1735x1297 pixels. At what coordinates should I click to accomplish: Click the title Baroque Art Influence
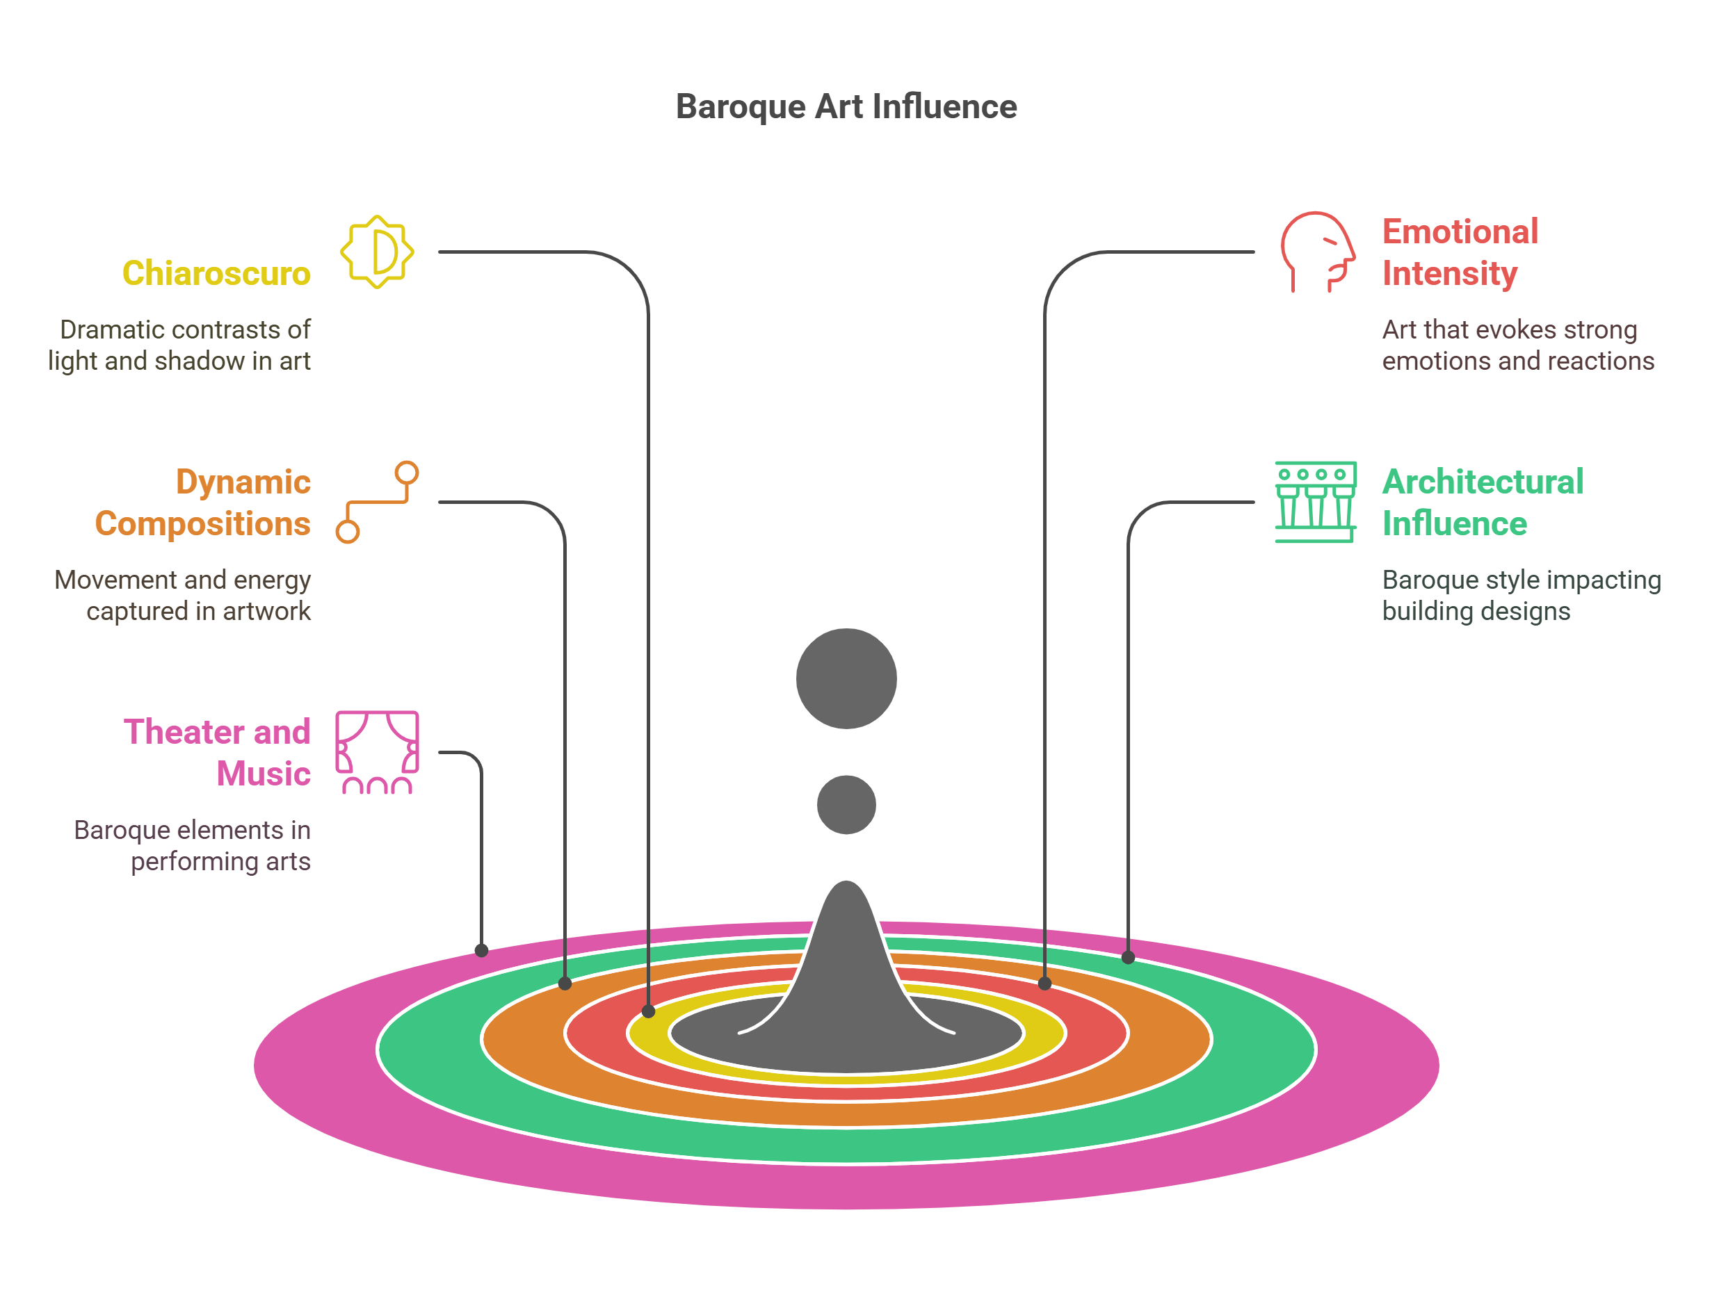tap(846, 106)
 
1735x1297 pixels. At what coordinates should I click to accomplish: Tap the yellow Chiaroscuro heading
tap(216, 274)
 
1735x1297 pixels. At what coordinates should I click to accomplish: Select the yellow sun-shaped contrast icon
tap(378, 252)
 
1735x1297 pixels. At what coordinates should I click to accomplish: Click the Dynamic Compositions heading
tap(203, 503)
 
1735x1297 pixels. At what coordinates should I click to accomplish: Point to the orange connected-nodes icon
tap(378, 502)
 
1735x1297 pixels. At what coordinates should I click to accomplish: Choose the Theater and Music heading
tap(217, 752)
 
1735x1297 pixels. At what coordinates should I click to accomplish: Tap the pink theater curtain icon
tap(378, 752)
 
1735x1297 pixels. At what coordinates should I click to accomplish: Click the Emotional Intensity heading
tap(1460, 252)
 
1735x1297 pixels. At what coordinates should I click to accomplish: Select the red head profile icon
tap(1317, 252)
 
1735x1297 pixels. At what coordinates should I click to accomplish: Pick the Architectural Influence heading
tap(1483, 503)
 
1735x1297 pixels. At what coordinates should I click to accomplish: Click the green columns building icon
tap(1316, 502)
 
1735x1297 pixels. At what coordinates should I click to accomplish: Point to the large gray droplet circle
tap(846, 678)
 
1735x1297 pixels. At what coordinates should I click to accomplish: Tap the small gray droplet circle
tap(846, 805)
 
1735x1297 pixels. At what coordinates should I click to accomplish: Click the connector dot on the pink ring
tap(482, 950)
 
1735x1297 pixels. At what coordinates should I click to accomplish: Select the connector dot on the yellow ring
tap(649, 1011)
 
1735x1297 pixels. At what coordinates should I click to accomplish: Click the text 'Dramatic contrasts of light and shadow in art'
tap(179, 345)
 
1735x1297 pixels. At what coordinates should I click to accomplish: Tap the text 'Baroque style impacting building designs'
tap(1521, 595)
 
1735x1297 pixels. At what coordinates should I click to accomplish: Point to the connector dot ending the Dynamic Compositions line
tap(565, 984)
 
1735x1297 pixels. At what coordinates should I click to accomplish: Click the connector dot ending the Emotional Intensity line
tap(1044, 984)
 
